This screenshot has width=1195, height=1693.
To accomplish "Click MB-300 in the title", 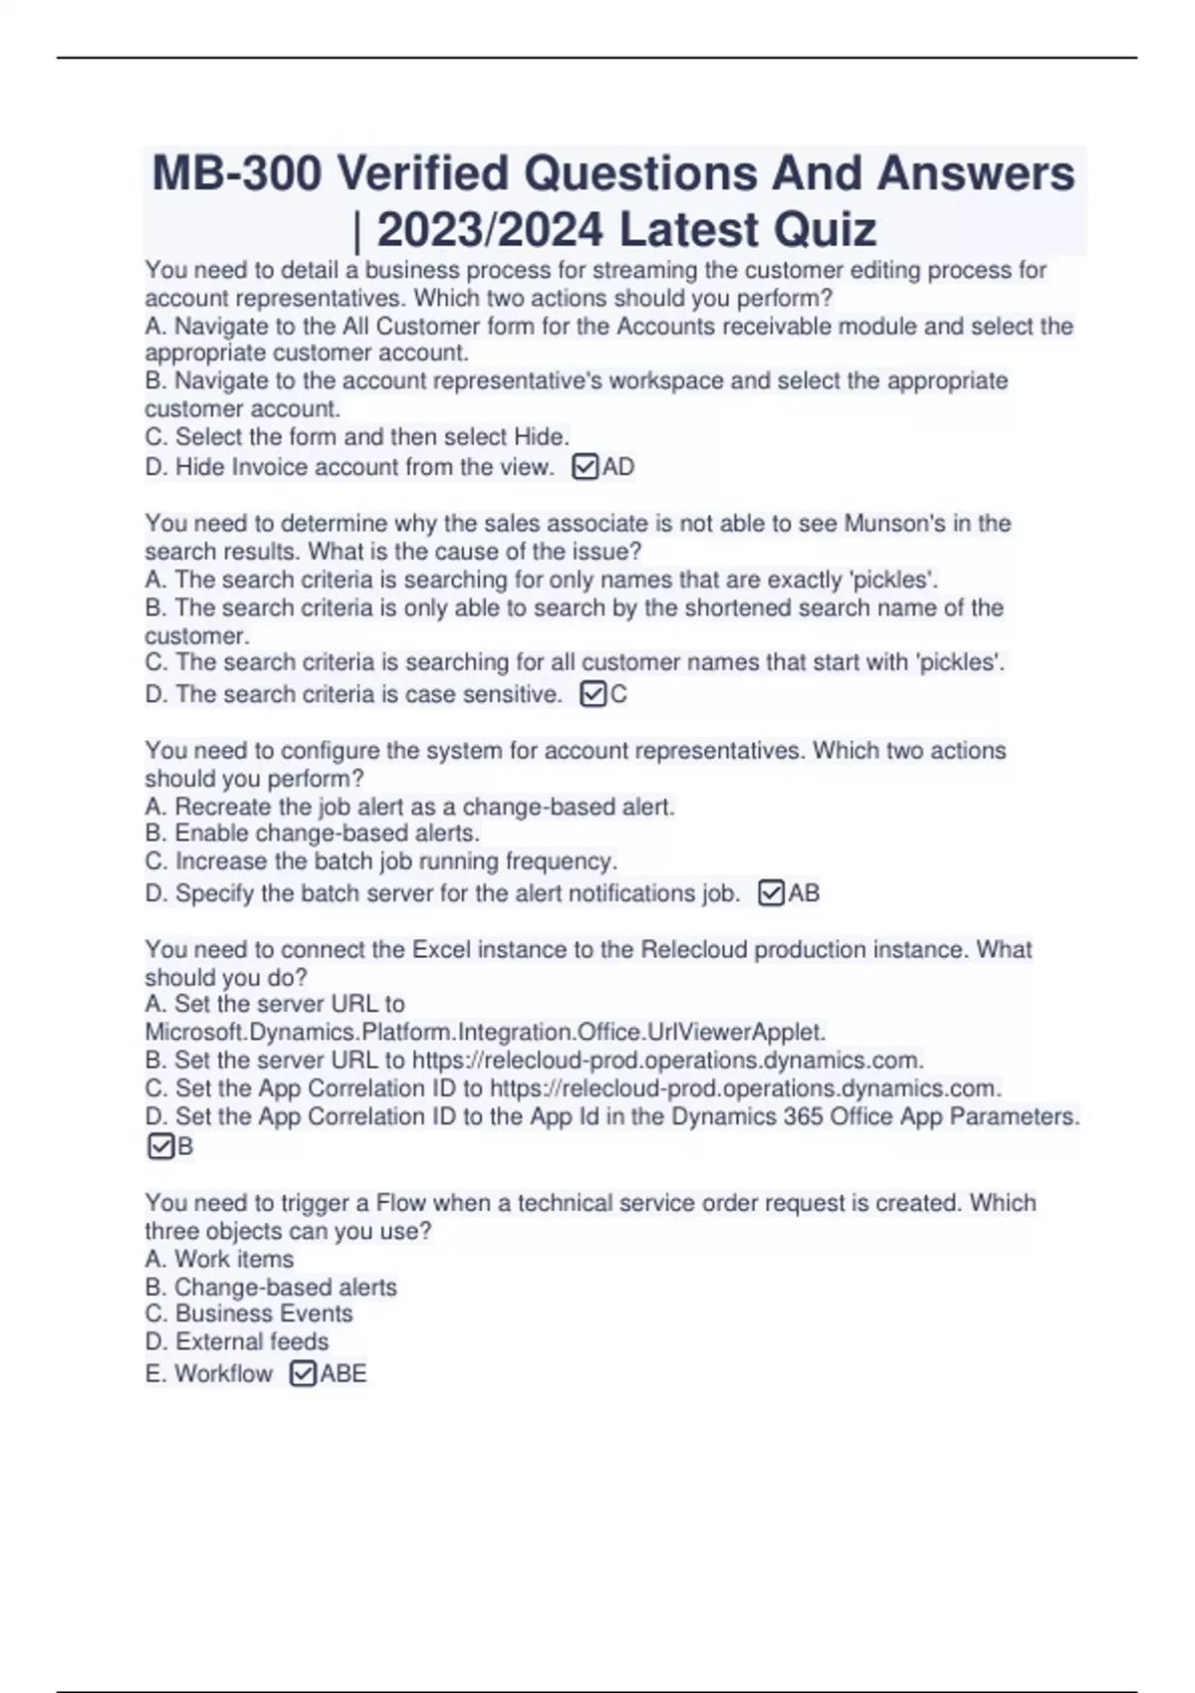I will click(x=237, y=173).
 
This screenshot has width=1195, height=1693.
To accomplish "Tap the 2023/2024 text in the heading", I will click(x=490, y=230).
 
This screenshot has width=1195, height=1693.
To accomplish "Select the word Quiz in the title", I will click(x=824, y=230).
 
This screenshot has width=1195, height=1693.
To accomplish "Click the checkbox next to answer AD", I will click(x=586, y=466).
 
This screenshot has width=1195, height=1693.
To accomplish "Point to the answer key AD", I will click(x=618, y=466).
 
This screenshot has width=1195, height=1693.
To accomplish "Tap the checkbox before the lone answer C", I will click(x=593, y=693).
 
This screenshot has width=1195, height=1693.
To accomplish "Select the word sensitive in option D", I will click(x=511, y=694).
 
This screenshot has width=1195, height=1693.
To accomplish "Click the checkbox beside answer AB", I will click(x=772, y=892).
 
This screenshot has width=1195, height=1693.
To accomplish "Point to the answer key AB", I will click(x=804, y=892).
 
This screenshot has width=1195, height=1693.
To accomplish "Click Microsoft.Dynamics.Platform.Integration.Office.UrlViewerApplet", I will click(x=485, y=1032).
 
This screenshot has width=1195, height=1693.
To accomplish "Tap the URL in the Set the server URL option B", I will click(x=667, y=1060).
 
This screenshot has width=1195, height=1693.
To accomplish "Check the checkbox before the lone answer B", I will click(x=159, y=1146).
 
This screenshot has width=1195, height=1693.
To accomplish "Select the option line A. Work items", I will click(x=219, y=1259).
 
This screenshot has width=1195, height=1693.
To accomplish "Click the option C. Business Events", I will click(x=249, y=1314).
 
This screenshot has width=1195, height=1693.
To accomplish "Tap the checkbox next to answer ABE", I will click(x=303, y=1373).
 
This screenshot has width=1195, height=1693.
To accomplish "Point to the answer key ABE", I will click(x=344, y=1373).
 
